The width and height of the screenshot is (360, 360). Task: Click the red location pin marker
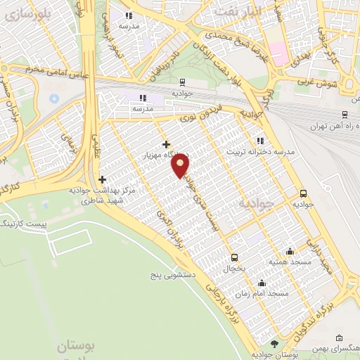coord(181,165)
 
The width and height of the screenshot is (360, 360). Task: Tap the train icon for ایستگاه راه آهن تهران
coord(345,115)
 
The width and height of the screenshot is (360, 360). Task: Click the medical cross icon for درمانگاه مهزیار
coord(166,144)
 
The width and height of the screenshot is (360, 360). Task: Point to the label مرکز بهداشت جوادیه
coord(103,191)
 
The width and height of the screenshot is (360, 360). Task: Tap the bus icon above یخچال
coord(234,257)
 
